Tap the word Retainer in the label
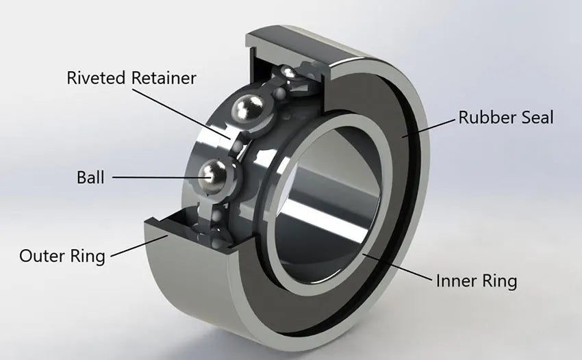click(162, 77)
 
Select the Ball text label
click(90, 178)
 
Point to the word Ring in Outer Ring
click(90, 257)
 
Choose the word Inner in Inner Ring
click(456, 281)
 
